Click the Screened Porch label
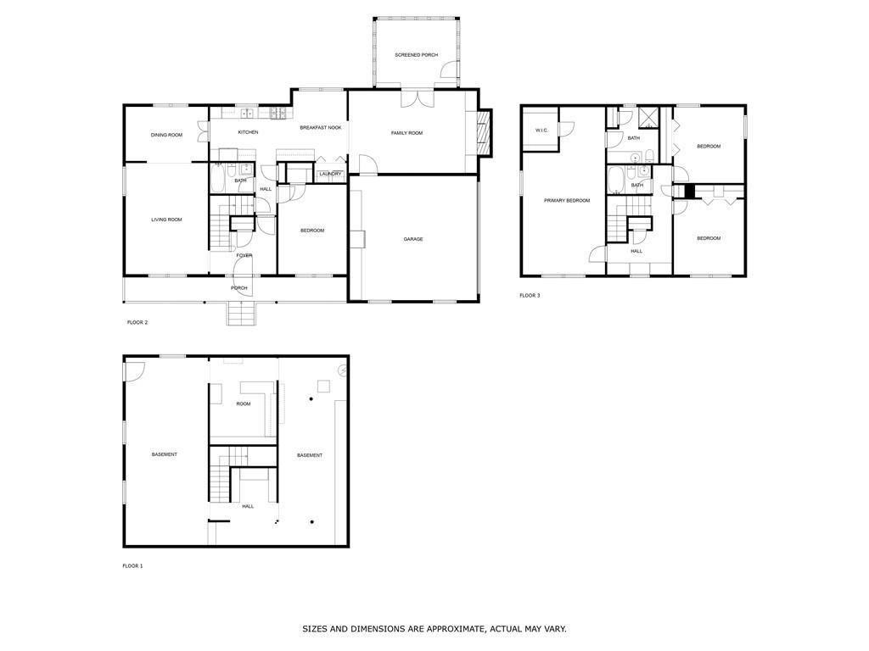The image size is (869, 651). tap(416, 55)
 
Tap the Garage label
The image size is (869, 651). tap(413, 239)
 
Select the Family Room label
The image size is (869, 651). tap(406, 133)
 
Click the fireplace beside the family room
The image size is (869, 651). tap(484, 133)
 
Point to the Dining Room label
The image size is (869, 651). tap(166, 135)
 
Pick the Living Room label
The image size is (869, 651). tap(166, 220)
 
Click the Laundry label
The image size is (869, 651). tap(330, 174)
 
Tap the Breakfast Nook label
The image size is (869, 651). tap(321, 127)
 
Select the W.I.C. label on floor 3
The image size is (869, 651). tap(541, 130)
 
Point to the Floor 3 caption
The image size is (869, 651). tap(530, 296)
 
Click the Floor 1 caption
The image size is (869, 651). tap(132, 565)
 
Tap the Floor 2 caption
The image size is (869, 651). tap(137, 322)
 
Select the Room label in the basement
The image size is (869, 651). tap(244, 403)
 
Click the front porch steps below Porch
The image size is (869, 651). tap(240, 314)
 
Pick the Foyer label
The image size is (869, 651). tap(244, 255)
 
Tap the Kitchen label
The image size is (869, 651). tap(248, 132)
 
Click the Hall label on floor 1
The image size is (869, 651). tap(248, 506)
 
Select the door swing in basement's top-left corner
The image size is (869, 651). tap(134, 370)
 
